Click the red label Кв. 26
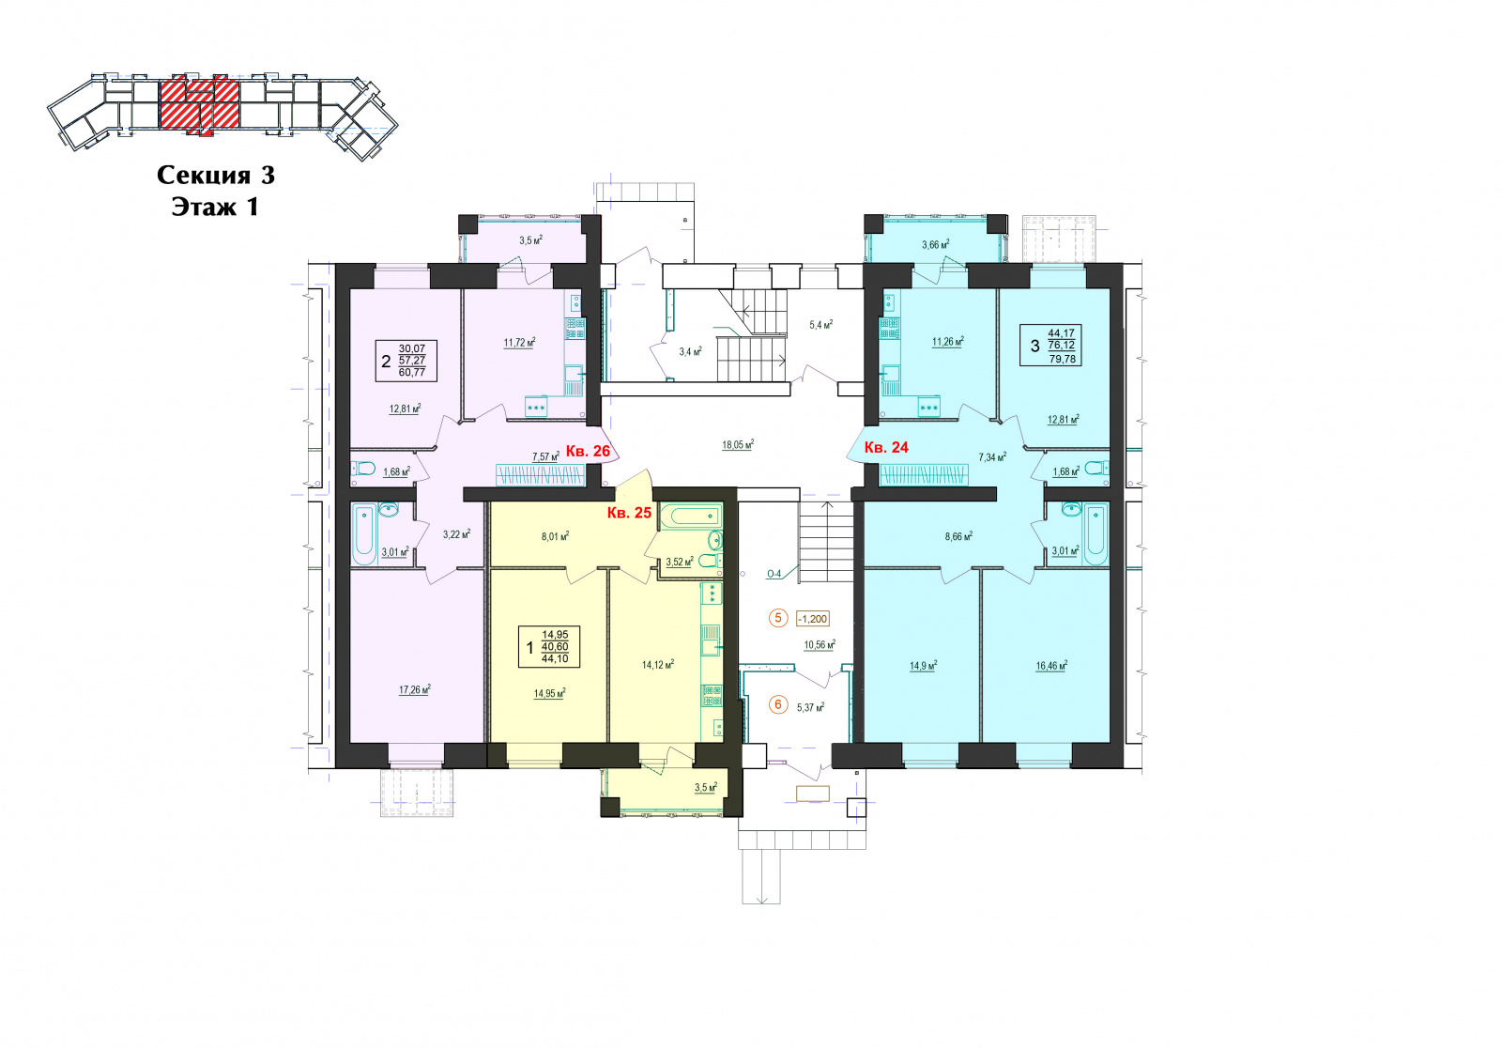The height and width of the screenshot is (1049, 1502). click(x=588, y=451)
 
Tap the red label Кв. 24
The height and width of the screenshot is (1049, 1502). click(x=886, y=447)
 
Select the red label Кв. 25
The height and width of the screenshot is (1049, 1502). click(x=629, y=513)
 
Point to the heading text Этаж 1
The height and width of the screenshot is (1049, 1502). click(x=215, y=207)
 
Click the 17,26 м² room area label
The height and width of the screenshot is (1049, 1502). click(x=414, y=688)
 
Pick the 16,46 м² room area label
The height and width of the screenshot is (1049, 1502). click(x=1051, y=665)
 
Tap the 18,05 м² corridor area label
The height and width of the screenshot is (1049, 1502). click(x=738, y=444)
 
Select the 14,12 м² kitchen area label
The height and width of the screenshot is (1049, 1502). click(x=658, y=664)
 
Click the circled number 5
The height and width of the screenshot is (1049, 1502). click(x=778, y=618)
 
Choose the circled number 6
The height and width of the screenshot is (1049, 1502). click(x=778, y=705)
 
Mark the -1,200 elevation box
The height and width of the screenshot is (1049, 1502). click(x=813, y=618)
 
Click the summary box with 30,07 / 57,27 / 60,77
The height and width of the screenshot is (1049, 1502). click(x=406, y=361)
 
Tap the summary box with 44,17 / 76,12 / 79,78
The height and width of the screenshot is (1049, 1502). click(x=1050, y=345)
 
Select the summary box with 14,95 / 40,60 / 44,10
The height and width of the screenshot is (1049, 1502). click(x=549, y=647)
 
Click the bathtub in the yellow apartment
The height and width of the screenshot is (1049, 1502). click(x=691, y=516)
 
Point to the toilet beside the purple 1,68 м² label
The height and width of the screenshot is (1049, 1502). click(x=362, y=469)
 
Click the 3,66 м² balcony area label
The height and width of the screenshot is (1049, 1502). click(x=935, y=245)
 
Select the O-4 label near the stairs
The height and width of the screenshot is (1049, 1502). click(x=774, y=574)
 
